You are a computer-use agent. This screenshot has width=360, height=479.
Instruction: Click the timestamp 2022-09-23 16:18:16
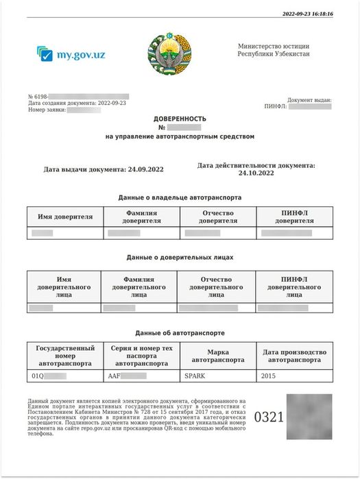307,14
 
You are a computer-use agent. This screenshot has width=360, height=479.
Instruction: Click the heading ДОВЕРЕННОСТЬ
180,119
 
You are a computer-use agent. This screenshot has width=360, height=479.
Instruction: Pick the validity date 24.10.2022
256,173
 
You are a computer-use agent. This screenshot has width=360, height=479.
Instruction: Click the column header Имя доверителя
65,217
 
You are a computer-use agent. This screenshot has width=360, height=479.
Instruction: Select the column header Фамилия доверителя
142,217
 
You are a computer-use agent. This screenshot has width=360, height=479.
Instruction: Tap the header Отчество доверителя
217,217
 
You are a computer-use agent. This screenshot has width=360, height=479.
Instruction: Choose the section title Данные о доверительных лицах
180,257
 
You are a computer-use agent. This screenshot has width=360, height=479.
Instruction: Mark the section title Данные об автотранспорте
180,332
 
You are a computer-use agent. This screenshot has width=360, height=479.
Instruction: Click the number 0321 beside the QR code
269,417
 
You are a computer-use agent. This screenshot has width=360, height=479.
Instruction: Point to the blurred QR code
309,416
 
